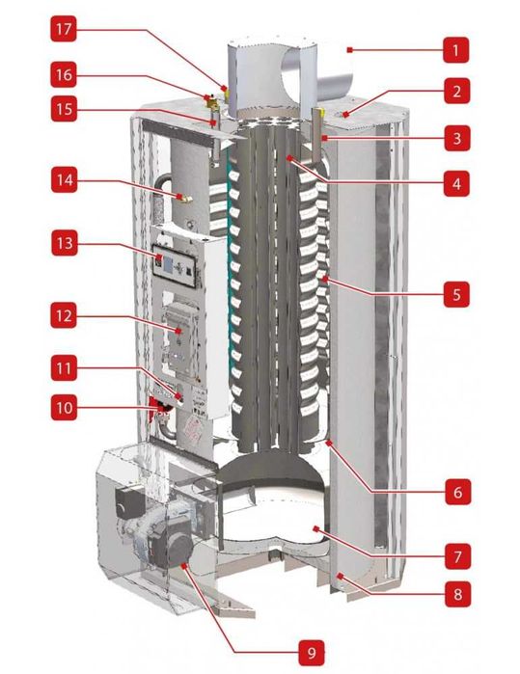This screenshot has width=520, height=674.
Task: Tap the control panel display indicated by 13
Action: [165, 260]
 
